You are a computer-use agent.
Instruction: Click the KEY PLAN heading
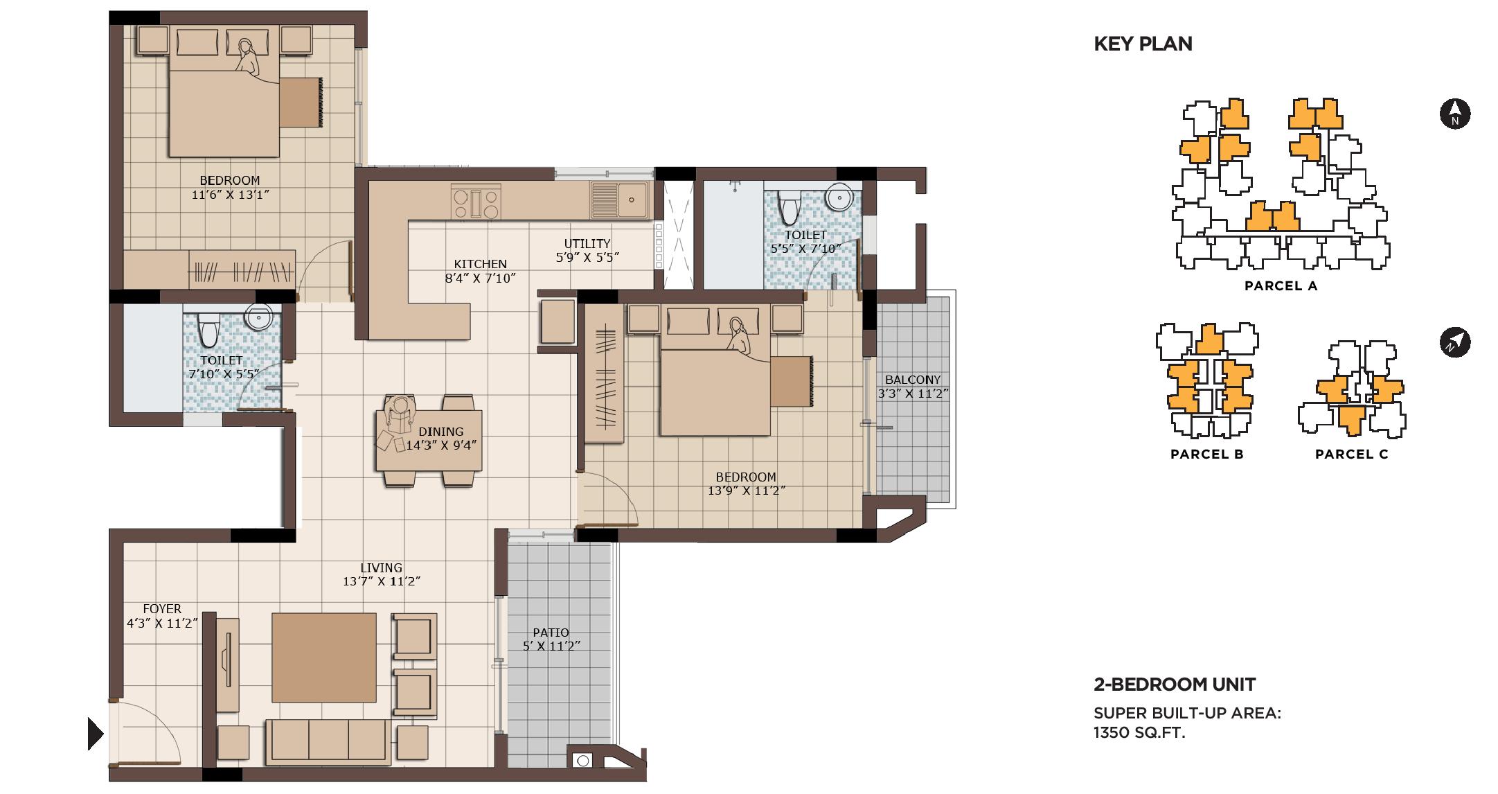pyautogui.click(x=1143, y=44)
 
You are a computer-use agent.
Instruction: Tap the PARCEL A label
pyautogui.click(x=1281, y=286)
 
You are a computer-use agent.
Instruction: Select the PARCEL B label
pyautogui.click(x=1206, y=455)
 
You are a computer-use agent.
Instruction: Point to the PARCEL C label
pyautogui.click(x=1351, y=455)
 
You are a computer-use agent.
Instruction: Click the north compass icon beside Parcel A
pyautogui.click(x=1455, y=114)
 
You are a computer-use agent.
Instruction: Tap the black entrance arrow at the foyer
pyautogui.click(x=96, y=733)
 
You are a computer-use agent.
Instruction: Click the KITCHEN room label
pyautogui.click(x=480, y=264)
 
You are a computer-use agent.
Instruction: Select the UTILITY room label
pyautogui.click(x=587, y=243)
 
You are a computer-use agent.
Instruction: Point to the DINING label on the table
pyautogui.click(x=440, y=432)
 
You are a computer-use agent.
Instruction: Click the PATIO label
pyautogui.click(x=551, y=633)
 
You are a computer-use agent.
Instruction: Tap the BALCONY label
pyautogui.click(x=912, y=380)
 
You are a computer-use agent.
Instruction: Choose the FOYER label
pyautogui.click(x=162, y=609)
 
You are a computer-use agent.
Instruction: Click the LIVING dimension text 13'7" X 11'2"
pyautogui.click(x=381, y=581)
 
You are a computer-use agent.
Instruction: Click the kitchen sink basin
pyautogui.click(x=620, y=200)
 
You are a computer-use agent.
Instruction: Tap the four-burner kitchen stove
pyautogui.click(x=476, y=201)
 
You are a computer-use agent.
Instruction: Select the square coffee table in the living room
pyautogui.click(x=324, y=658)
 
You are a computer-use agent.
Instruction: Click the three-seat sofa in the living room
pyautogui.click(x=328, y=741)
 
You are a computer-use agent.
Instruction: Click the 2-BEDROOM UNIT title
pyautogui.click(x=1175, y=685)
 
